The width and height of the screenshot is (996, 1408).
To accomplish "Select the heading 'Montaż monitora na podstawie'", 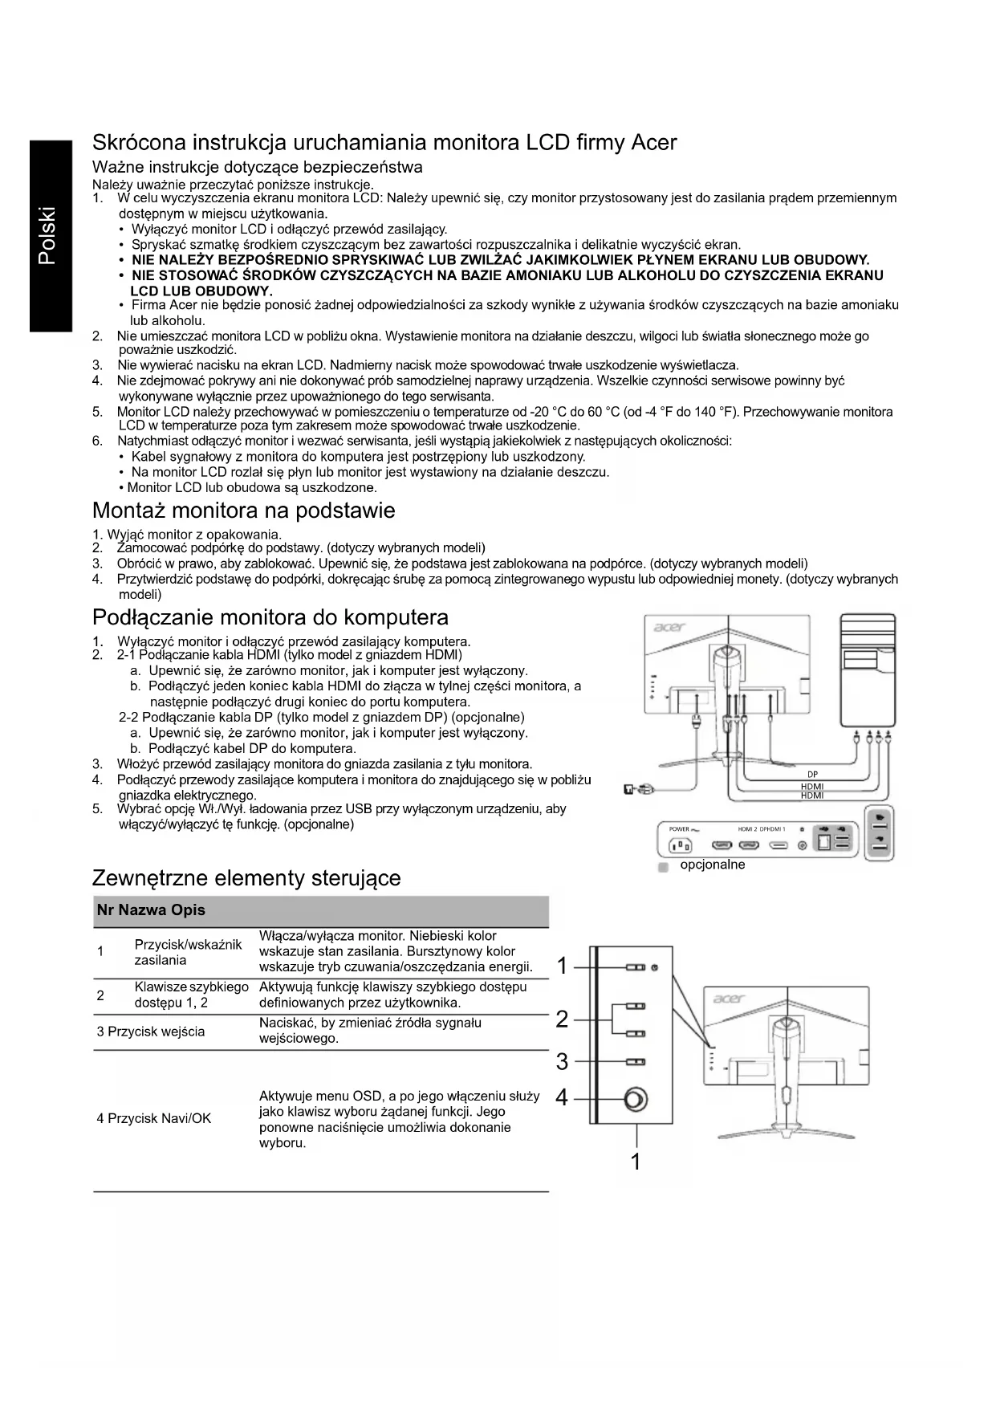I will coord(243,511).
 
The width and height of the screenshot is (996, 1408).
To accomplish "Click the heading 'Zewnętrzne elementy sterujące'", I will coord(246,877).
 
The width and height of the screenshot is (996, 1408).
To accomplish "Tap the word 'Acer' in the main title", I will coord(653,143).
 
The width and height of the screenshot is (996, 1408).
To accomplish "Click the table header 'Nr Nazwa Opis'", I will coord(151,910).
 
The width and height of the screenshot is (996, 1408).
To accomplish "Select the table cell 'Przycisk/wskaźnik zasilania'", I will coord(188,952).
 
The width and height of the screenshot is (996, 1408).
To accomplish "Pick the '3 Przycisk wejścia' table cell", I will coord(151,1032).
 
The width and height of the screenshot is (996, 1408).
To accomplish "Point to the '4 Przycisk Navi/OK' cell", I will coord(154,1118).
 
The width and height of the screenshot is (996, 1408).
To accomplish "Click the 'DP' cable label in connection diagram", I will coord(812,775).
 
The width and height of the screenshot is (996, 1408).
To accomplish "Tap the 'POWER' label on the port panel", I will coord(680,828).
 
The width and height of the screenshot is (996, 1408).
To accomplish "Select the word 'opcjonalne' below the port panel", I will coord(713,865).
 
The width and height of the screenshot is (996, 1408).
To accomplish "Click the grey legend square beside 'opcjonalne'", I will coord(663,868).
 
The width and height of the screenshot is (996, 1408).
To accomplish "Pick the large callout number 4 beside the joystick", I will coord(562,1097).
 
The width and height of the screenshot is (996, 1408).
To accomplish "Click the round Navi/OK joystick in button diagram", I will coord(636,1099).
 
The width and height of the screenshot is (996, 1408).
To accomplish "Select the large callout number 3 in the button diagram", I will coord(562,1062).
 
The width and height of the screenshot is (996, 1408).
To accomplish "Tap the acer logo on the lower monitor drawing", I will coord(729,999).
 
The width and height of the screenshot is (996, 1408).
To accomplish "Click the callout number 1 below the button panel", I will coord(636,1162).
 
